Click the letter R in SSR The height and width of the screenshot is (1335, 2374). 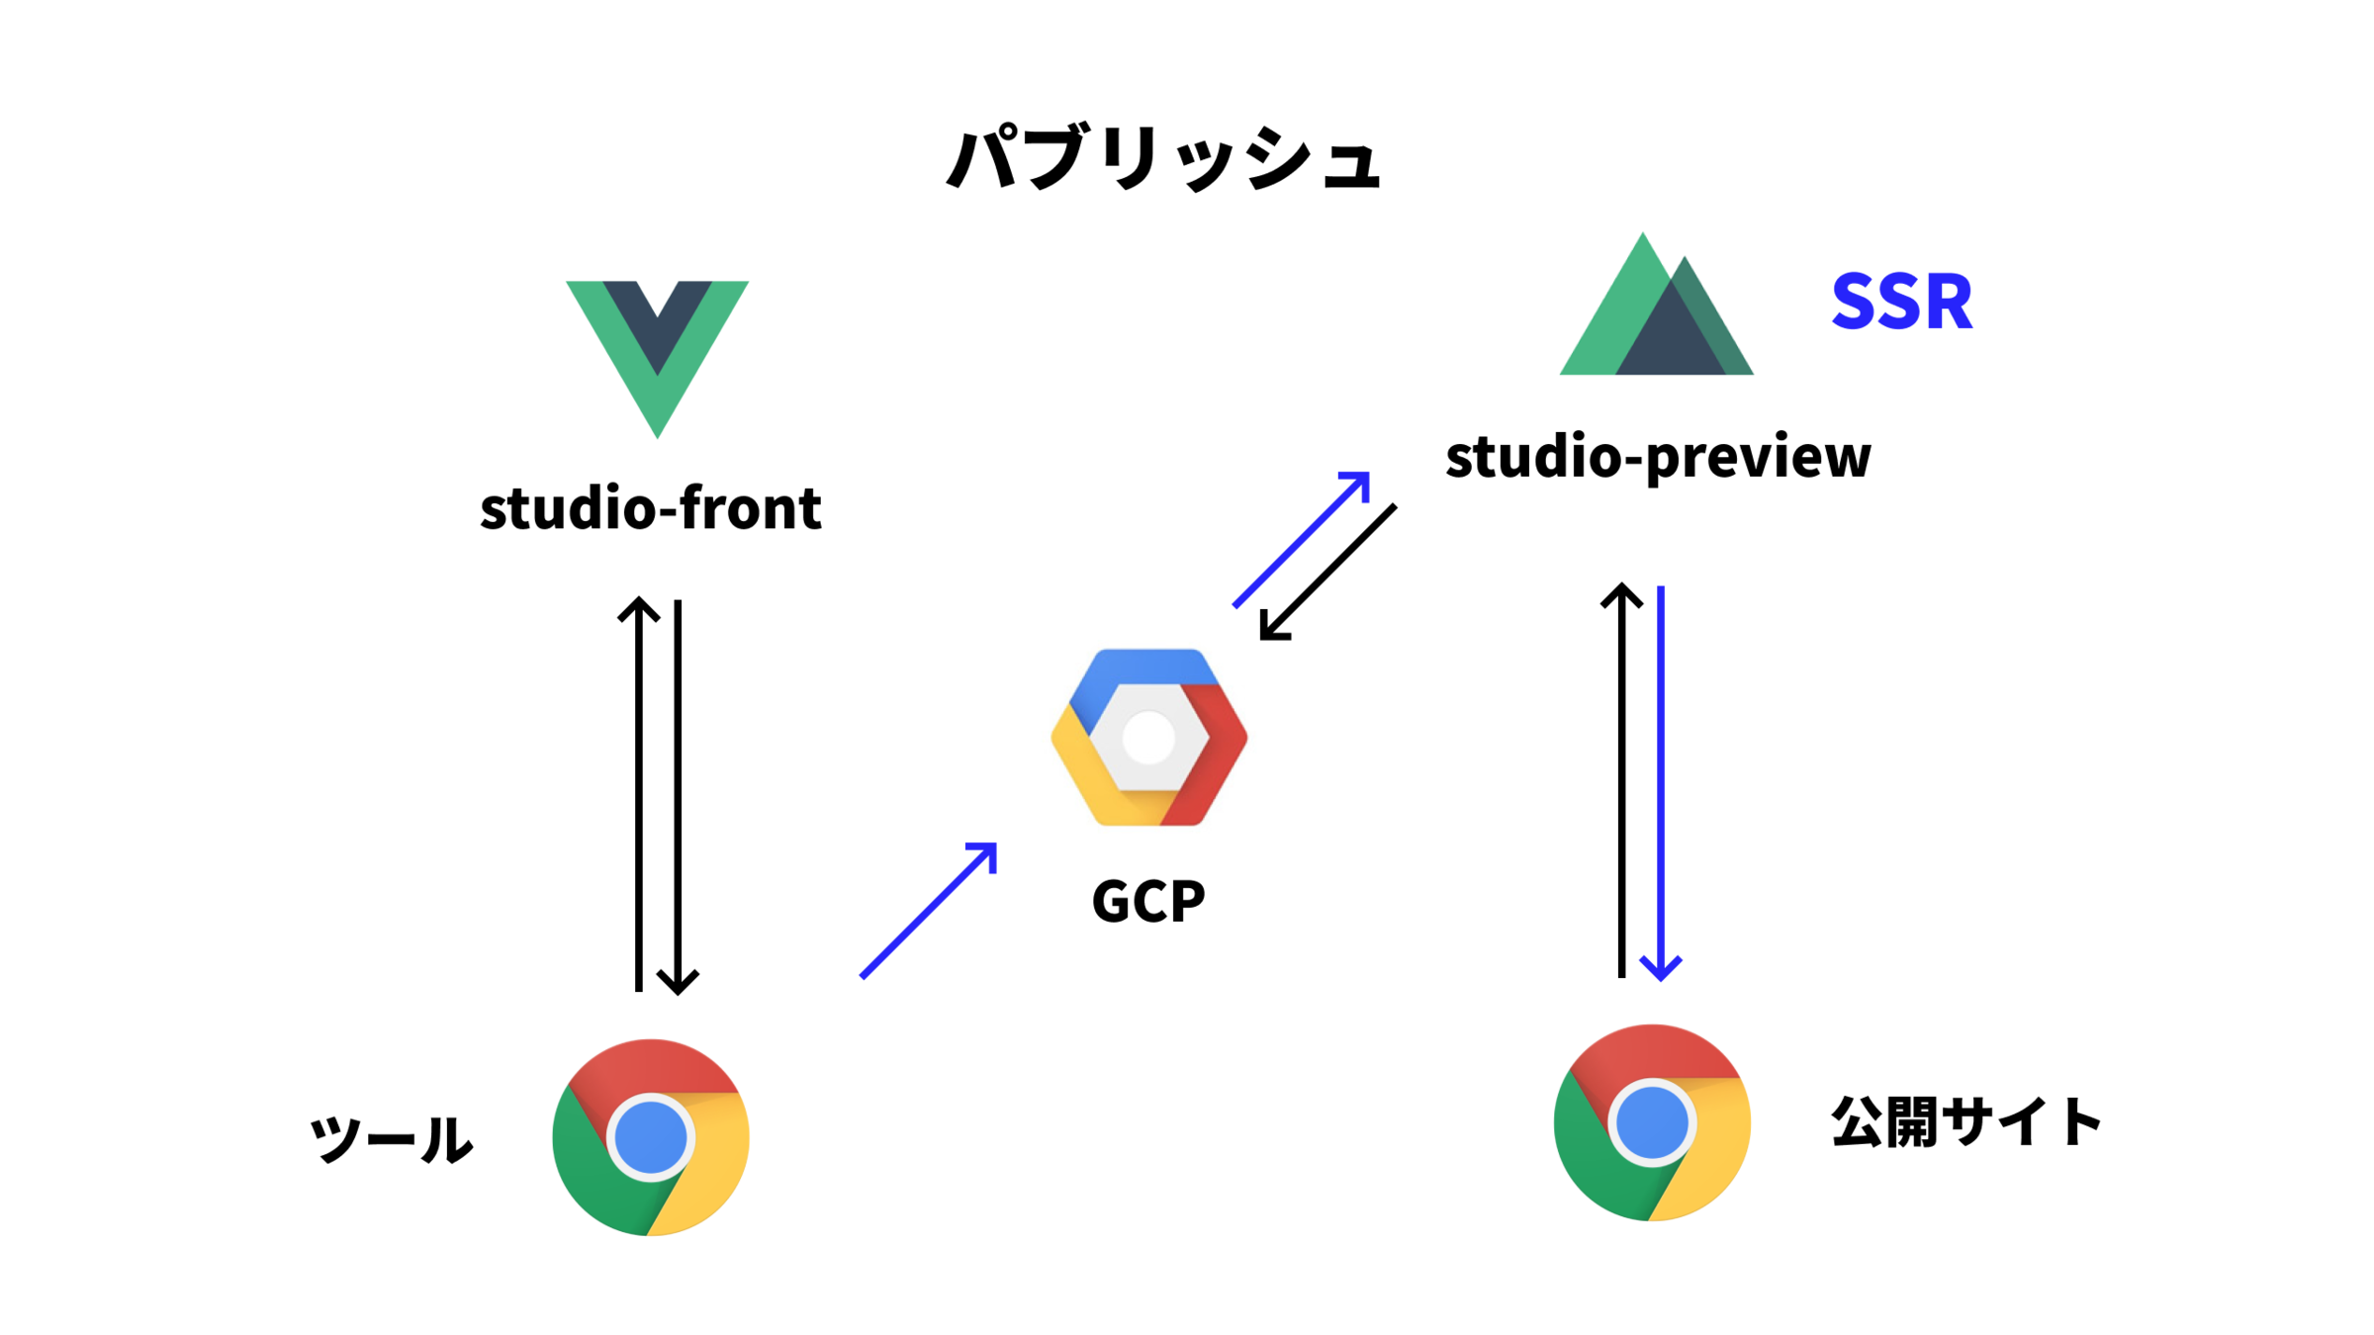pyautogui.click(x=1947, y=302)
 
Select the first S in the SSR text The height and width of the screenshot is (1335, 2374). pyautogui.click(x=1855, y=302)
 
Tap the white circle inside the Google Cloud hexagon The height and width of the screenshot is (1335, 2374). pyautogui.click(x=1148, y=738)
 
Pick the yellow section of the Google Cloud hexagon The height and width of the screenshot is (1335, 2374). pyautogui.click(x=1088, y=781)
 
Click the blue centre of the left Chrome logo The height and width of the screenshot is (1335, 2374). pyautogui.click(x=651, y=1137)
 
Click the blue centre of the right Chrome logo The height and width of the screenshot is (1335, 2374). pyautogui.click(x=1652, y=1123)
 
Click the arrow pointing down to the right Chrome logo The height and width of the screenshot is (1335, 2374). pyautogui.click(x=1661, y=771)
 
